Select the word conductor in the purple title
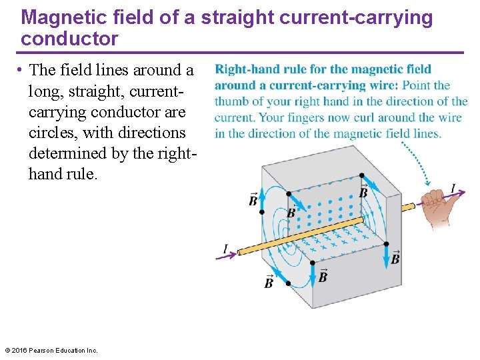coord(69,39)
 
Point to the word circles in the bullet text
coord(53,132)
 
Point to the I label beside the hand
coord(453,189)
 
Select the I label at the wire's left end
coord(225,249)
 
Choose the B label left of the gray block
coord(253,200)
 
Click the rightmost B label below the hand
coord(395,259)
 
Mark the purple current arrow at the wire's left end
coord(229,254)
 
